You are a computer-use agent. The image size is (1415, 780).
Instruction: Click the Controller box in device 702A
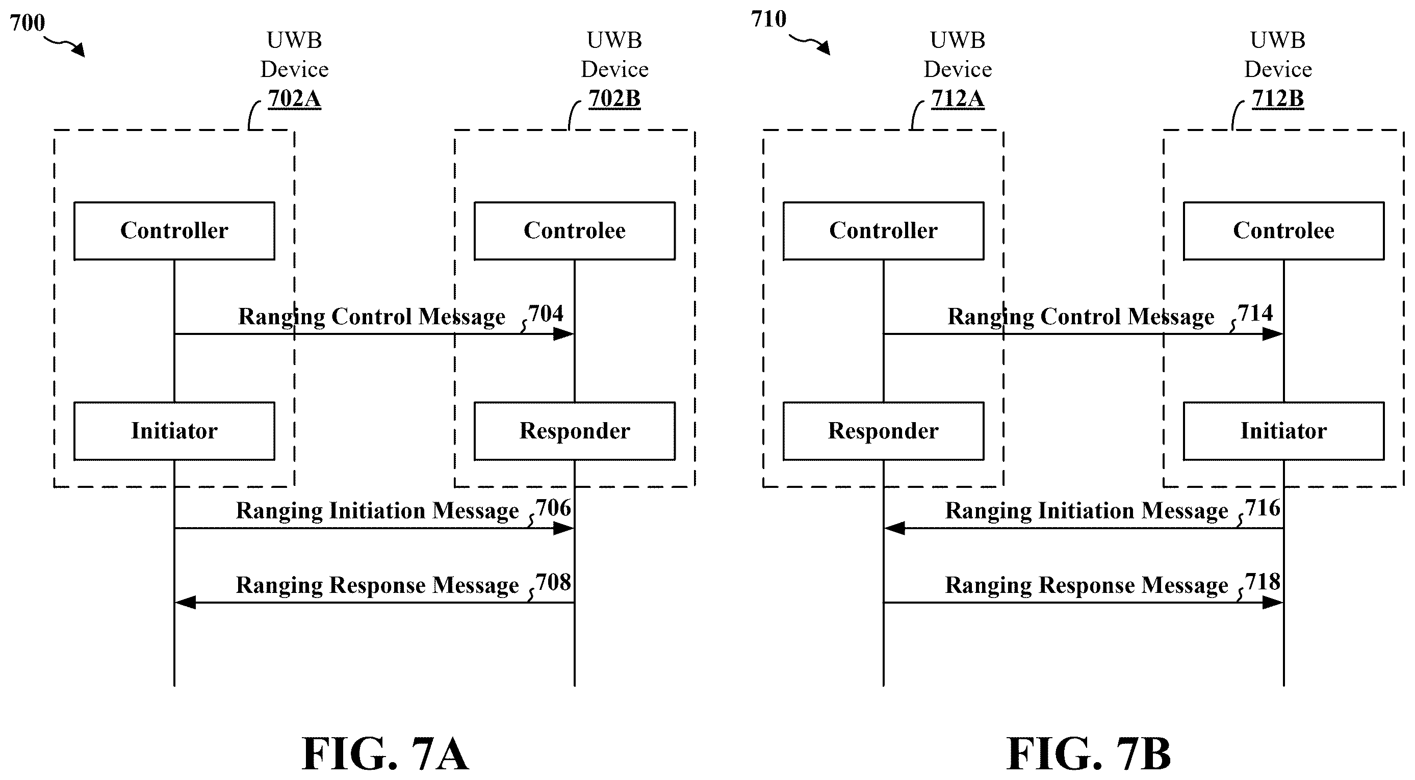tap(174, 231)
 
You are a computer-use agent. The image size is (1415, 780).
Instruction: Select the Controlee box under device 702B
tap(575, 231)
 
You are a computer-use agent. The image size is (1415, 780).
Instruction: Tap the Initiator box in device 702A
tap(174, 431)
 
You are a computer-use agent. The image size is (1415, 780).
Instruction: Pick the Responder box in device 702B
tap(575, 431)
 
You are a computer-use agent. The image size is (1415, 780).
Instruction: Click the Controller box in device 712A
tap(883, 231)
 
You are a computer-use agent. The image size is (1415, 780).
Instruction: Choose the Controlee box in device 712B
tap(1284, 231)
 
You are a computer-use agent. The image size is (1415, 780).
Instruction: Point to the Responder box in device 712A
tap(883, 431)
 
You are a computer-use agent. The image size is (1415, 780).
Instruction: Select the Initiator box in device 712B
tap(1284, 431)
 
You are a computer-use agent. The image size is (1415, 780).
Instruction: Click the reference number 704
tap(546, 314)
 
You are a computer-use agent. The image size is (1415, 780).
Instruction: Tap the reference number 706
tap(553, 508)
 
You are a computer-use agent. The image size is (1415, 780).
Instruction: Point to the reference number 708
tap(553, 582)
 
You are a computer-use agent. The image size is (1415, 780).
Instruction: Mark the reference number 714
tap(1255, 313)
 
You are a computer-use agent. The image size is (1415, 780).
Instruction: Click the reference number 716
tap(1263, 508)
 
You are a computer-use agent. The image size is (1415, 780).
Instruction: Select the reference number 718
tap(1263, 582)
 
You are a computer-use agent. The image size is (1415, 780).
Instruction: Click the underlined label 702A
tap(294, 99)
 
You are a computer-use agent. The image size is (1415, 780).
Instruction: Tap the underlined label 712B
tap(1278, 99)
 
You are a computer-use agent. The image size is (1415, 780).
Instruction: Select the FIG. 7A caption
tap(385, 754)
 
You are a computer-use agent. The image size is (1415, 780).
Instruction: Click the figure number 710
tap(768, 19)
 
